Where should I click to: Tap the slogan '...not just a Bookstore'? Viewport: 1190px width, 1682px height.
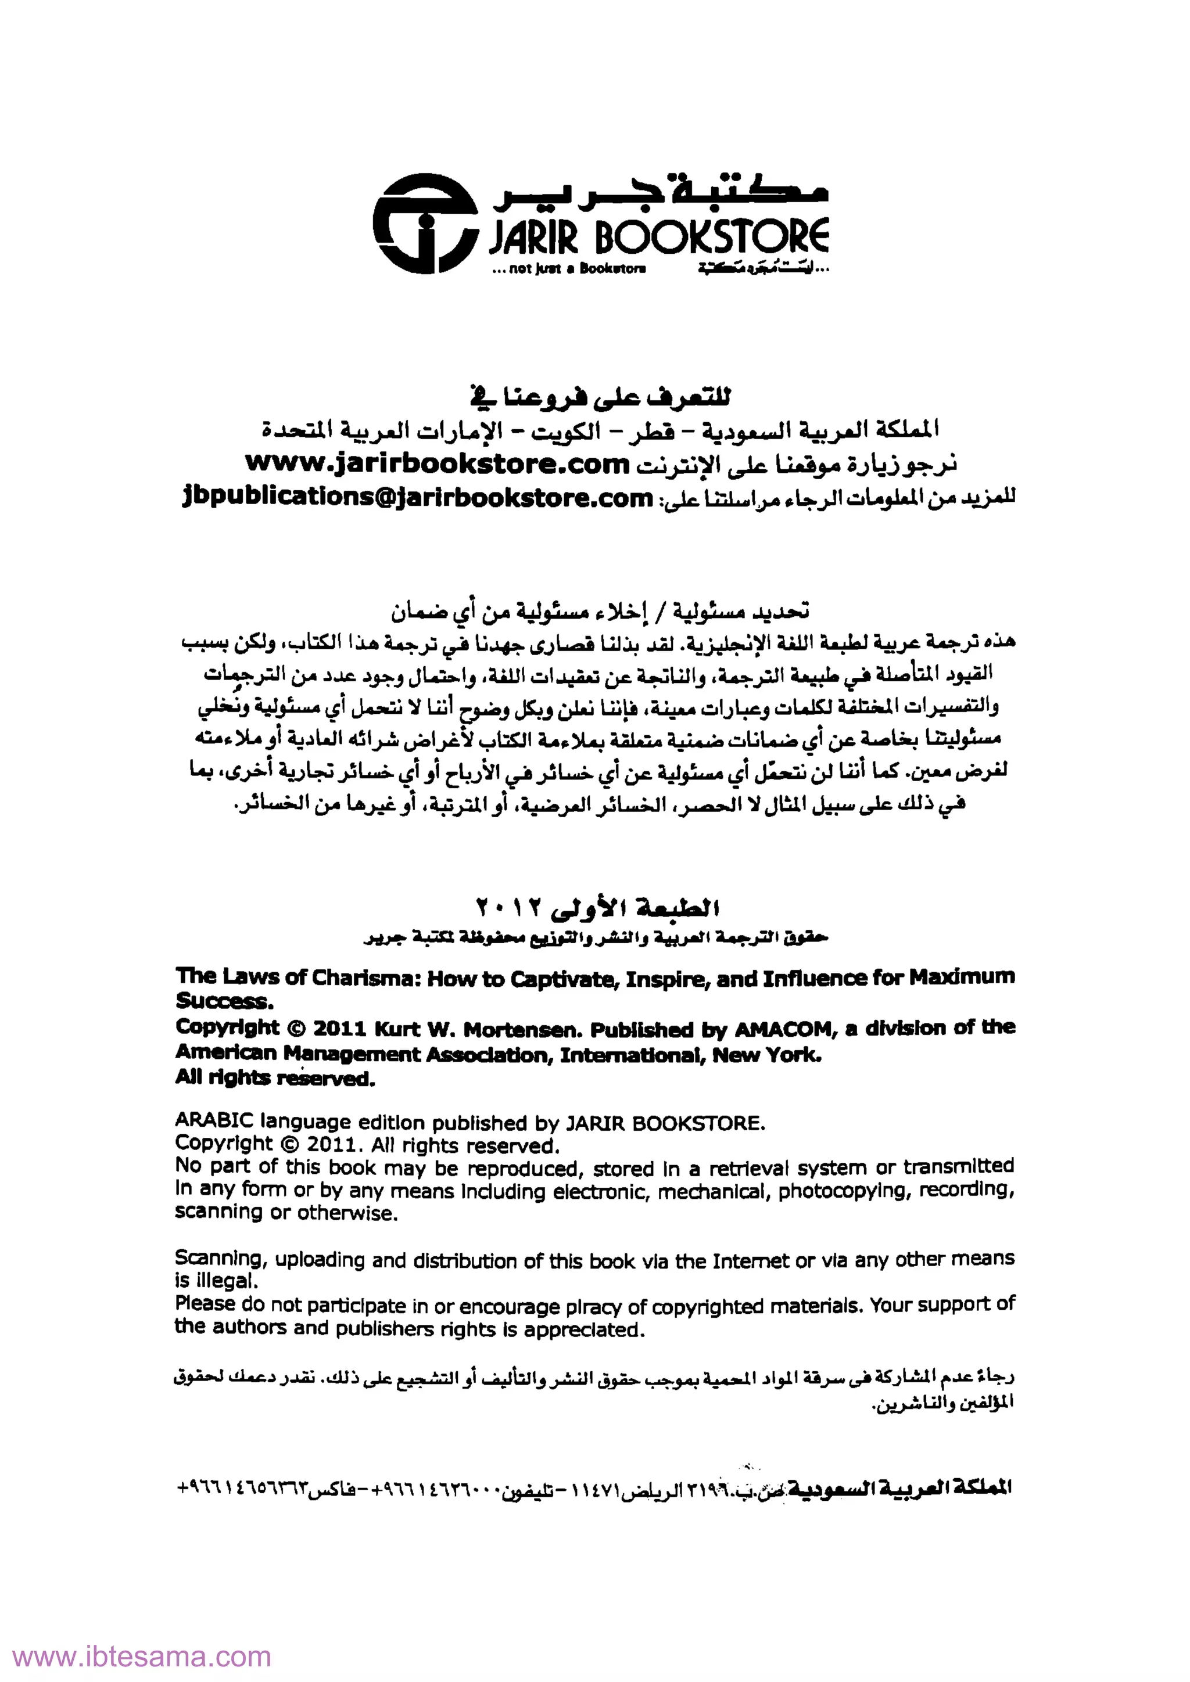point(569,269)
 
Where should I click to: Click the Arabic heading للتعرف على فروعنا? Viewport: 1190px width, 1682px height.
point(600,398)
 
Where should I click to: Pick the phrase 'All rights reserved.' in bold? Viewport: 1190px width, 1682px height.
point(275,1079)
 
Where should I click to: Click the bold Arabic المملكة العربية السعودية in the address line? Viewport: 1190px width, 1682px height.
point(897,1488)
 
